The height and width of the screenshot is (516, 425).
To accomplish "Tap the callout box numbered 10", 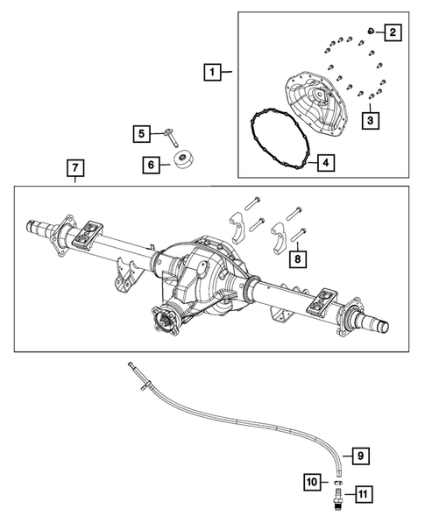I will pyautogui.click(x=311, y=480).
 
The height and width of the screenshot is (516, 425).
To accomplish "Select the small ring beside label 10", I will pyautogui.click(x=336, y=480).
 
